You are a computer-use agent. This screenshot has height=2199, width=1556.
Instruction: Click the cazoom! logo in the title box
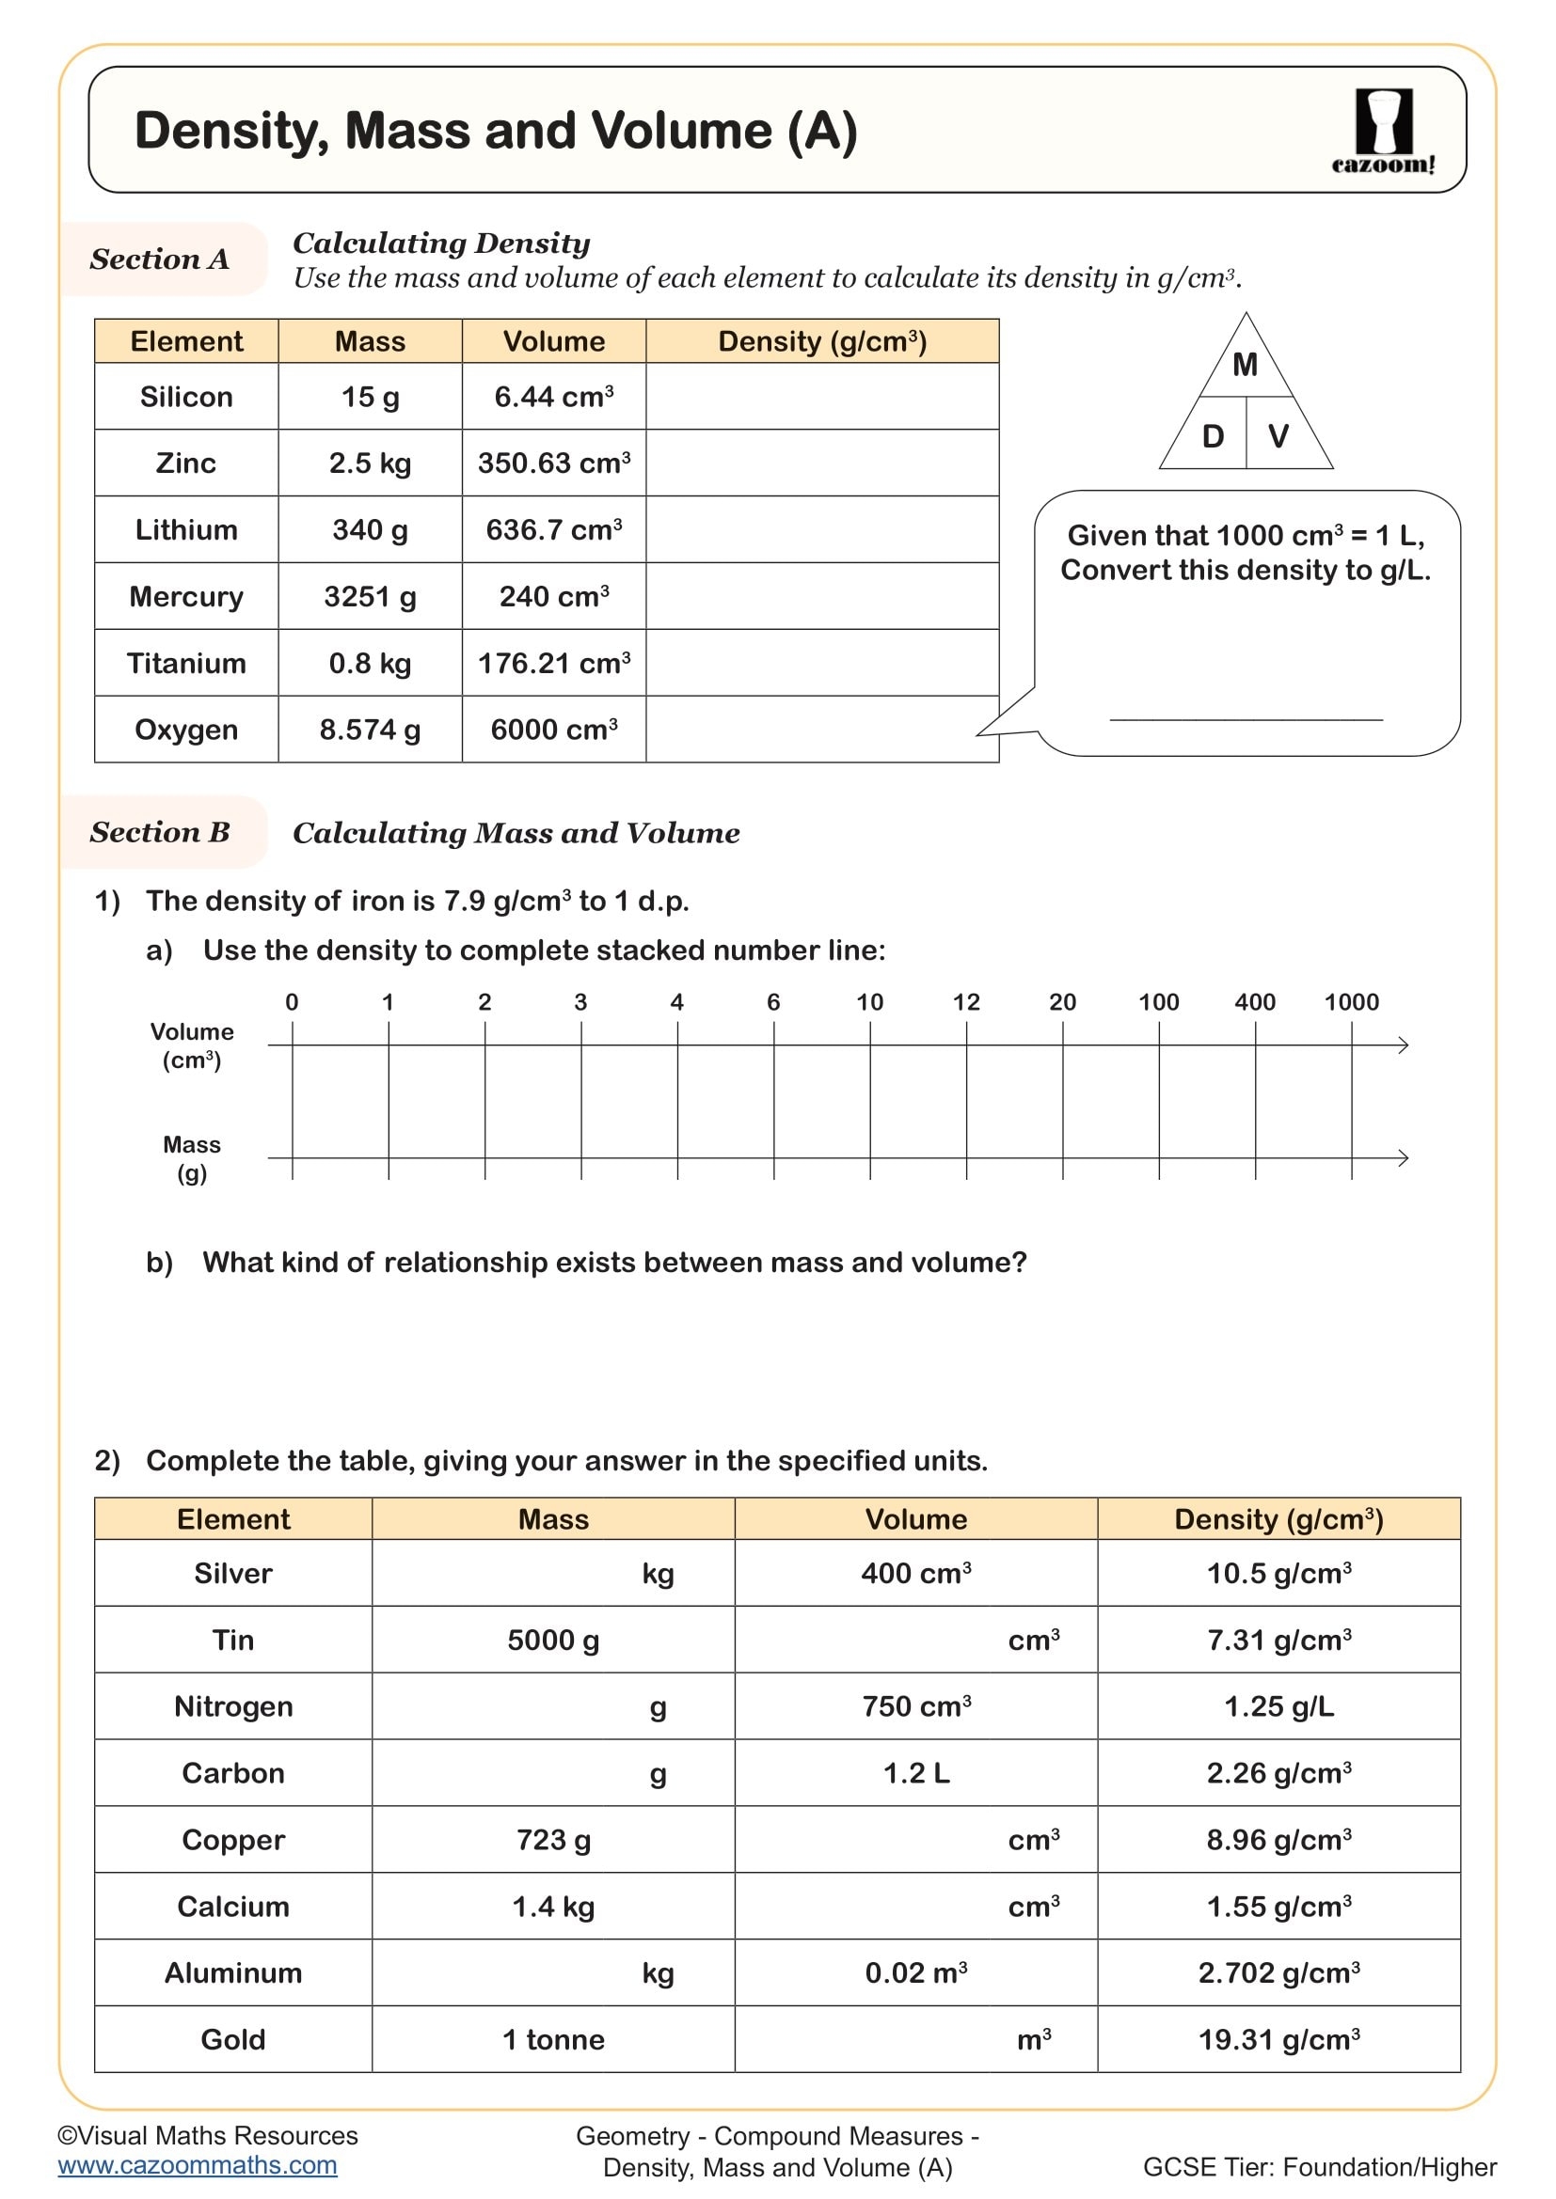(1383, 132)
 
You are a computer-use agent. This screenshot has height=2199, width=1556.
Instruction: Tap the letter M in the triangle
(1245, 365)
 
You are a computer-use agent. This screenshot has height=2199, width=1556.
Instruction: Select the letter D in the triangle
(1212, 437)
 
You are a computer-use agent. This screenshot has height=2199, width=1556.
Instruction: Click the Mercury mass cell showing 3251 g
(370, 597)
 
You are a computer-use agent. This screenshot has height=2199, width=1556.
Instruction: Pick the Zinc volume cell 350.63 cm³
(554, 463)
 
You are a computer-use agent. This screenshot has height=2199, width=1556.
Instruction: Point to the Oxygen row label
(186, 730)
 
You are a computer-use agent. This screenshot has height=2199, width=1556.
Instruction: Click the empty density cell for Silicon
(821, 397)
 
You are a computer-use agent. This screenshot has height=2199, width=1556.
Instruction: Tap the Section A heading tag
(160, 259)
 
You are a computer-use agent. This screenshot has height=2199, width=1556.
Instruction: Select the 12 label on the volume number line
(966, 1002)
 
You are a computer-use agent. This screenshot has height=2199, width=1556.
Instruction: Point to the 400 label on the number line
(1254, 1002)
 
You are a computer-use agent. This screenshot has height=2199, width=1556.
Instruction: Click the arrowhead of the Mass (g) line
(1403, 1158)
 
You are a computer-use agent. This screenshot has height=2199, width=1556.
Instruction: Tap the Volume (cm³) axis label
(192, 1045)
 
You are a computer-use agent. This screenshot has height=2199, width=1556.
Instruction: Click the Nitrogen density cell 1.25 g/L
(1278, 1706)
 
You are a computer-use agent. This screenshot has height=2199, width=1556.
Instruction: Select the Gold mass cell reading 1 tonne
(553, 2040)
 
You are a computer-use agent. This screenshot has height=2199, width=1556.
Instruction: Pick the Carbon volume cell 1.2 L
(916, 1774)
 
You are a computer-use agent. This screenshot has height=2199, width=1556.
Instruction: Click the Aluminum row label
(232, 1973)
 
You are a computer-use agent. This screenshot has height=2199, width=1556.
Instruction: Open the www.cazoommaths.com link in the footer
(198, 2165)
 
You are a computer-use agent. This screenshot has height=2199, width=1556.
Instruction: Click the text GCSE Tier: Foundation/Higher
(1319, 2167)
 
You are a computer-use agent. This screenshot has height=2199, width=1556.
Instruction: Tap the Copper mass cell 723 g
(553, 1840)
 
